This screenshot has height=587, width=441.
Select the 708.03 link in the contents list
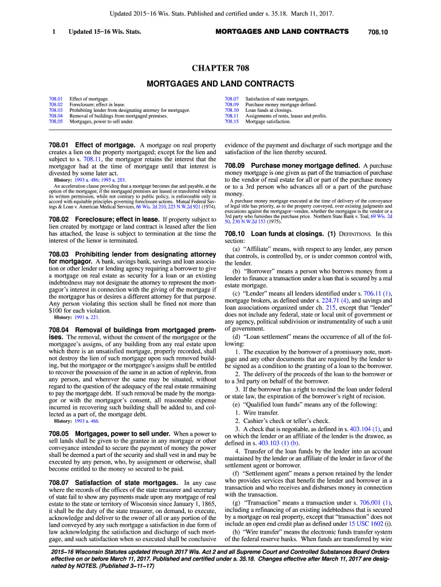click(x=56, y=110)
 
